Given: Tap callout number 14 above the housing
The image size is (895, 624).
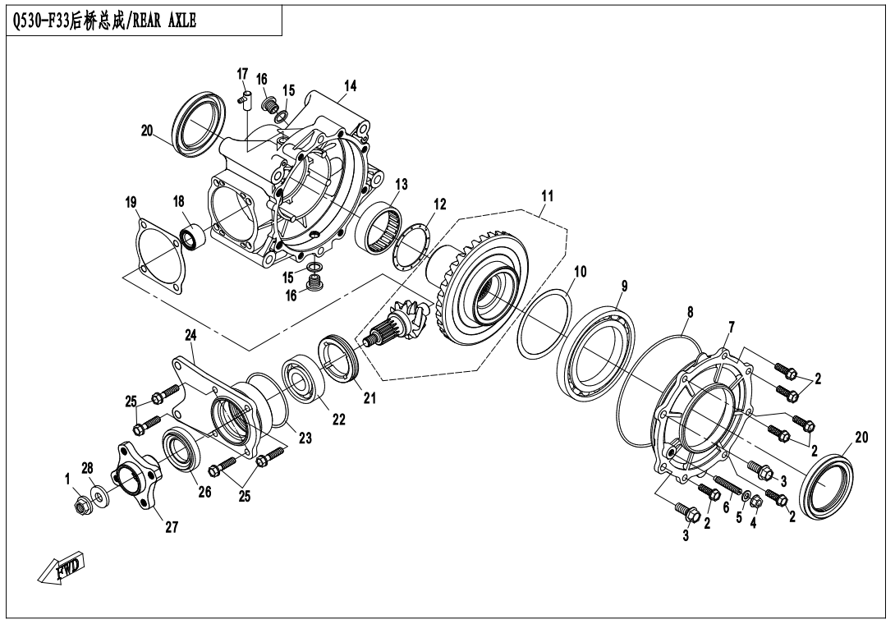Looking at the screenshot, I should point(350,86).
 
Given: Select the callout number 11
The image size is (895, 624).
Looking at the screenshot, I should point(547,196).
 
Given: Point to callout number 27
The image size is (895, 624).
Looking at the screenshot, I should point(171,528).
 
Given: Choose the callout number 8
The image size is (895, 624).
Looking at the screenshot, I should point(690,313).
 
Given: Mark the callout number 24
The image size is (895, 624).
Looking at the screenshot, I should point(190,335).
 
